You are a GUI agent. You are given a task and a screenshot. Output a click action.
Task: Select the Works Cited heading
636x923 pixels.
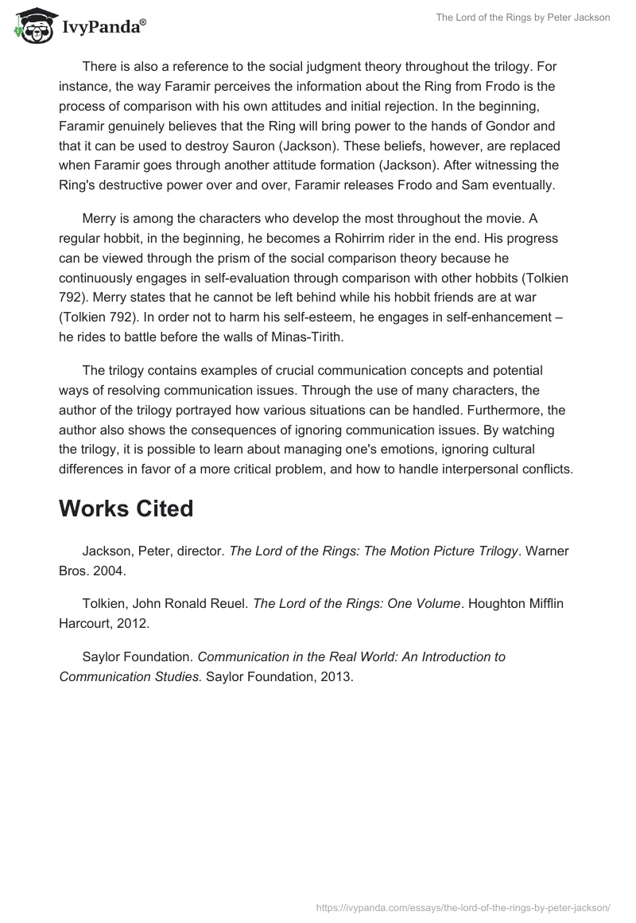click(126, 509)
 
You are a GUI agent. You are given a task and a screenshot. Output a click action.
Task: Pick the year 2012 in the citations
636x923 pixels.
click(130, 623)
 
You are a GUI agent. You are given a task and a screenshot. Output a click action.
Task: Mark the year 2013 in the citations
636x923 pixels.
click(334, 676)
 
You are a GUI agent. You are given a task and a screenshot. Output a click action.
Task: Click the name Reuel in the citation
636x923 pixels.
click(223, 604)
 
